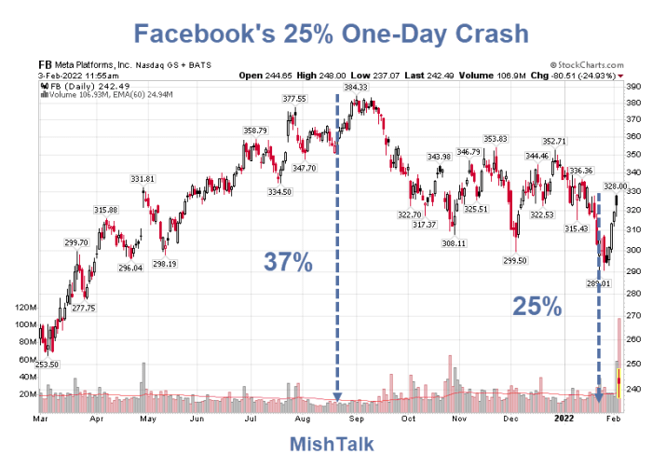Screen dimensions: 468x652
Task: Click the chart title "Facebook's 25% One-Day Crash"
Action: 325,34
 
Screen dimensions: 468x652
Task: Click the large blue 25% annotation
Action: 538,305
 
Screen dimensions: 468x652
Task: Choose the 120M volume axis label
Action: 20,307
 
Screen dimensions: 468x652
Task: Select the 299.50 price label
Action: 514,261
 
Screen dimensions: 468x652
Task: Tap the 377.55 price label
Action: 294,99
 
